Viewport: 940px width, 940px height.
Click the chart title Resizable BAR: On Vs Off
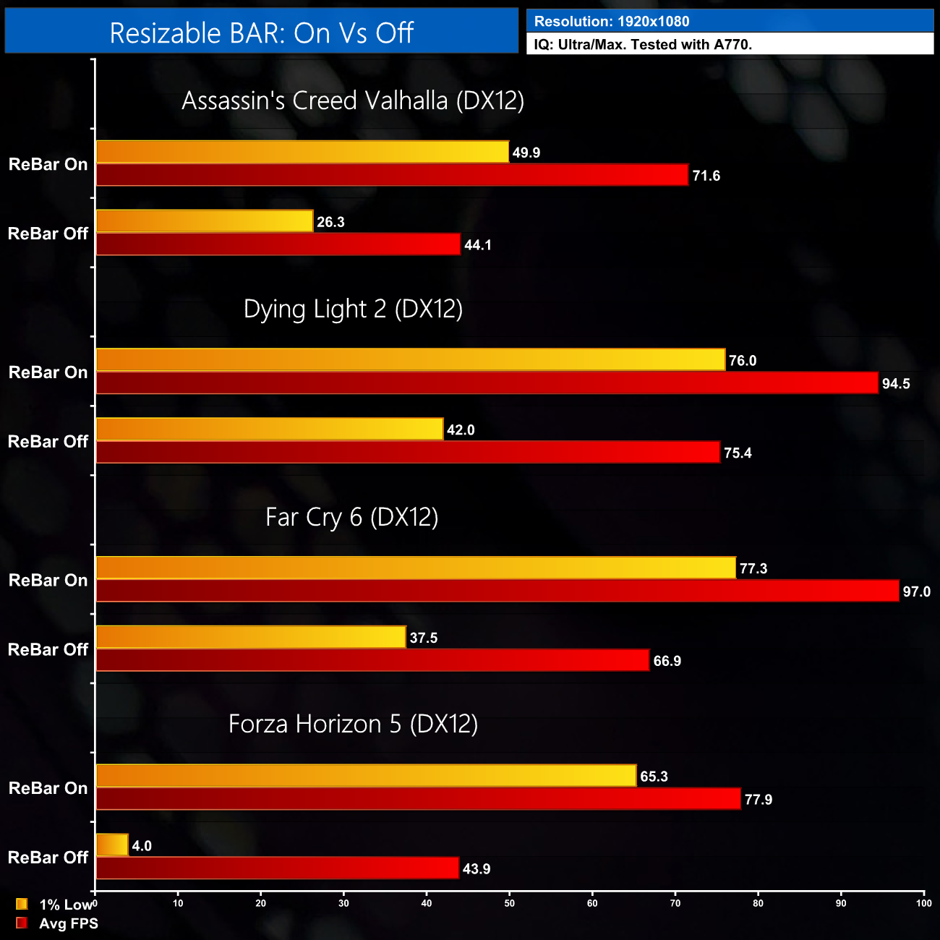[x=261, y=33]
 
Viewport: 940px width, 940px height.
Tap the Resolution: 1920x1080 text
[x=611, y=22]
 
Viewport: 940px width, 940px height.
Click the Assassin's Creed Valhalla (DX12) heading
[x=353, y=101]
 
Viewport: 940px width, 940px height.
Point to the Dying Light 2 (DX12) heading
[x=353, y=309]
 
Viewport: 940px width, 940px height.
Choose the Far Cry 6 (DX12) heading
[x=352, y=517]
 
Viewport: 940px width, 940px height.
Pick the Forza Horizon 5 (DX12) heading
[x=353, y=724]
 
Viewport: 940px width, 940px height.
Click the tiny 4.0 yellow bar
[x=112, y=845]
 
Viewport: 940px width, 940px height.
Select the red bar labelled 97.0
[x=497, y=591]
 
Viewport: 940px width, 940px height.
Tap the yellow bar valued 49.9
[x=302, y=152]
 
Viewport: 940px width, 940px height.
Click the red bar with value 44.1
[x=278, y=244]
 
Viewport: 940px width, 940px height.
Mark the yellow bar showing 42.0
[x=269, y=430]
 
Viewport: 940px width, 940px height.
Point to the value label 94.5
[x=896, y=384]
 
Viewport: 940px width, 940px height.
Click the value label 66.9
[x=667, y=661]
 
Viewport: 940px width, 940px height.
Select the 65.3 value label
[x=654, y=777]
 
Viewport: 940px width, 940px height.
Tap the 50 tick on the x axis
[x=510, y=903]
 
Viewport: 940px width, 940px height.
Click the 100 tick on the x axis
[x=923, y=903]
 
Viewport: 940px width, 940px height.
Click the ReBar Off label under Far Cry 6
[x=48, y=649]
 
